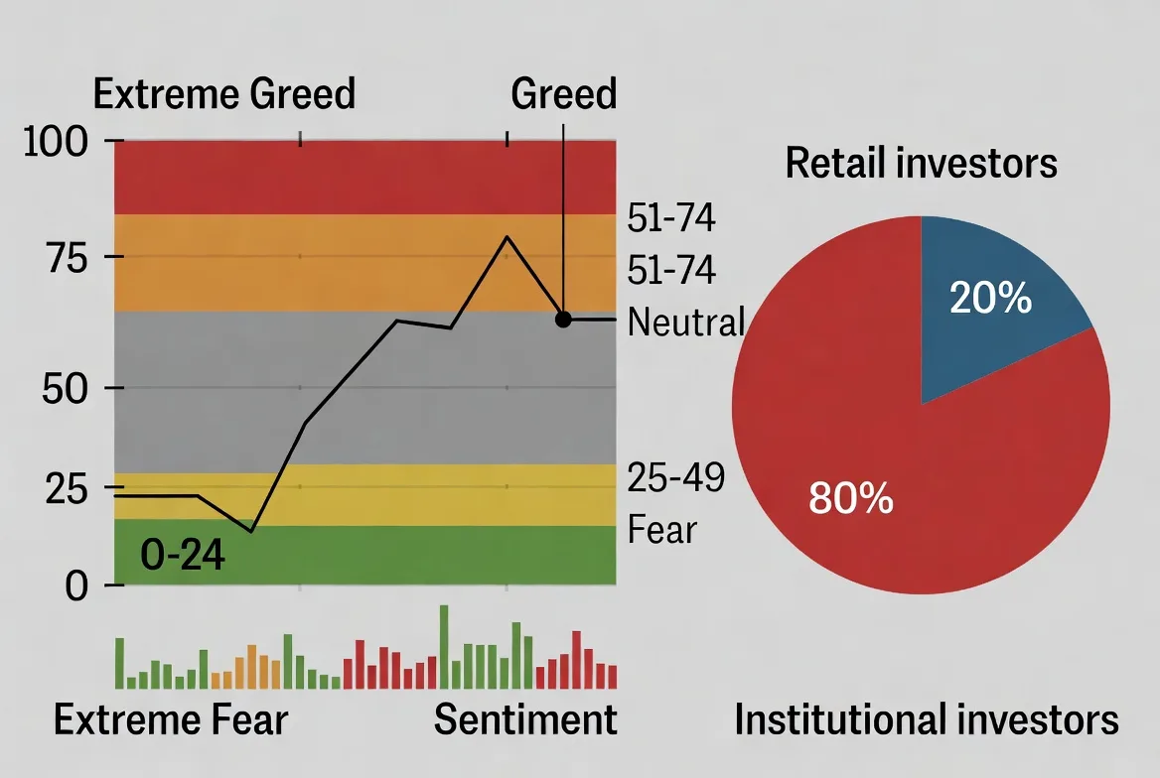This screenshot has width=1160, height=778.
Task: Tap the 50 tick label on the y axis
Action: pyautogui.click(x=68, y=388)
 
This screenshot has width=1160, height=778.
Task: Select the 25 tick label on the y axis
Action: pyautogui.click(x=68, y=489)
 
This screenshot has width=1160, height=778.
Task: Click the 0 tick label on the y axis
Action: pyautogui.click(x=76, y=585)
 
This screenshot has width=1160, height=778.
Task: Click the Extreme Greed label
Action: pyautogui.click(x=223, y=94)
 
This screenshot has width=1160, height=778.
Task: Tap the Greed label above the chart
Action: pyautogui.click(x=563, y=94)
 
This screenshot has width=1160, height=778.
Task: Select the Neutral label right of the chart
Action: pyautogui.click(x=686, y=322)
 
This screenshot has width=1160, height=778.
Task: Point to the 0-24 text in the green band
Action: pyautogui.click(x=183, y=556)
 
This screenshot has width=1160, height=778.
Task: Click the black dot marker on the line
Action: pyautogui.click(x=563, y=320)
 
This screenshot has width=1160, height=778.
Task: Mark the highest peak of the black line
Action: pyautogui.click(x=507, y=236)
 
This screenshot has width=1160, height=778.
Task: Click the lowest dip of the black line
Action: pyautogui.click(x=252, y=531)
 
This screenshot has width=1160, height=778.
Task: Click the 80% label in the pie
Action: pyautogui.click(x=851, y=498)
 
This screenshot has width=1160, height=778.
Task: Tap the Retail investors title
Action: pyautogui.click(x=921, y=163)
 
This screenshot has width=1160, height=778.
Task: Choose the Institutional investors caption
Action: pyautogui.click(x=926, y=720)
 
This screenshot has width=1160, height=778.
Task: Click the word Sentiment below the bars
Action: pyautogui.click(x=525, y=719)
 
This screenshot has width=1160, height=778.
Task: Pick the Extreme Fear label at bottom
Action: pyautogui.click(x=170, y=719)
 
